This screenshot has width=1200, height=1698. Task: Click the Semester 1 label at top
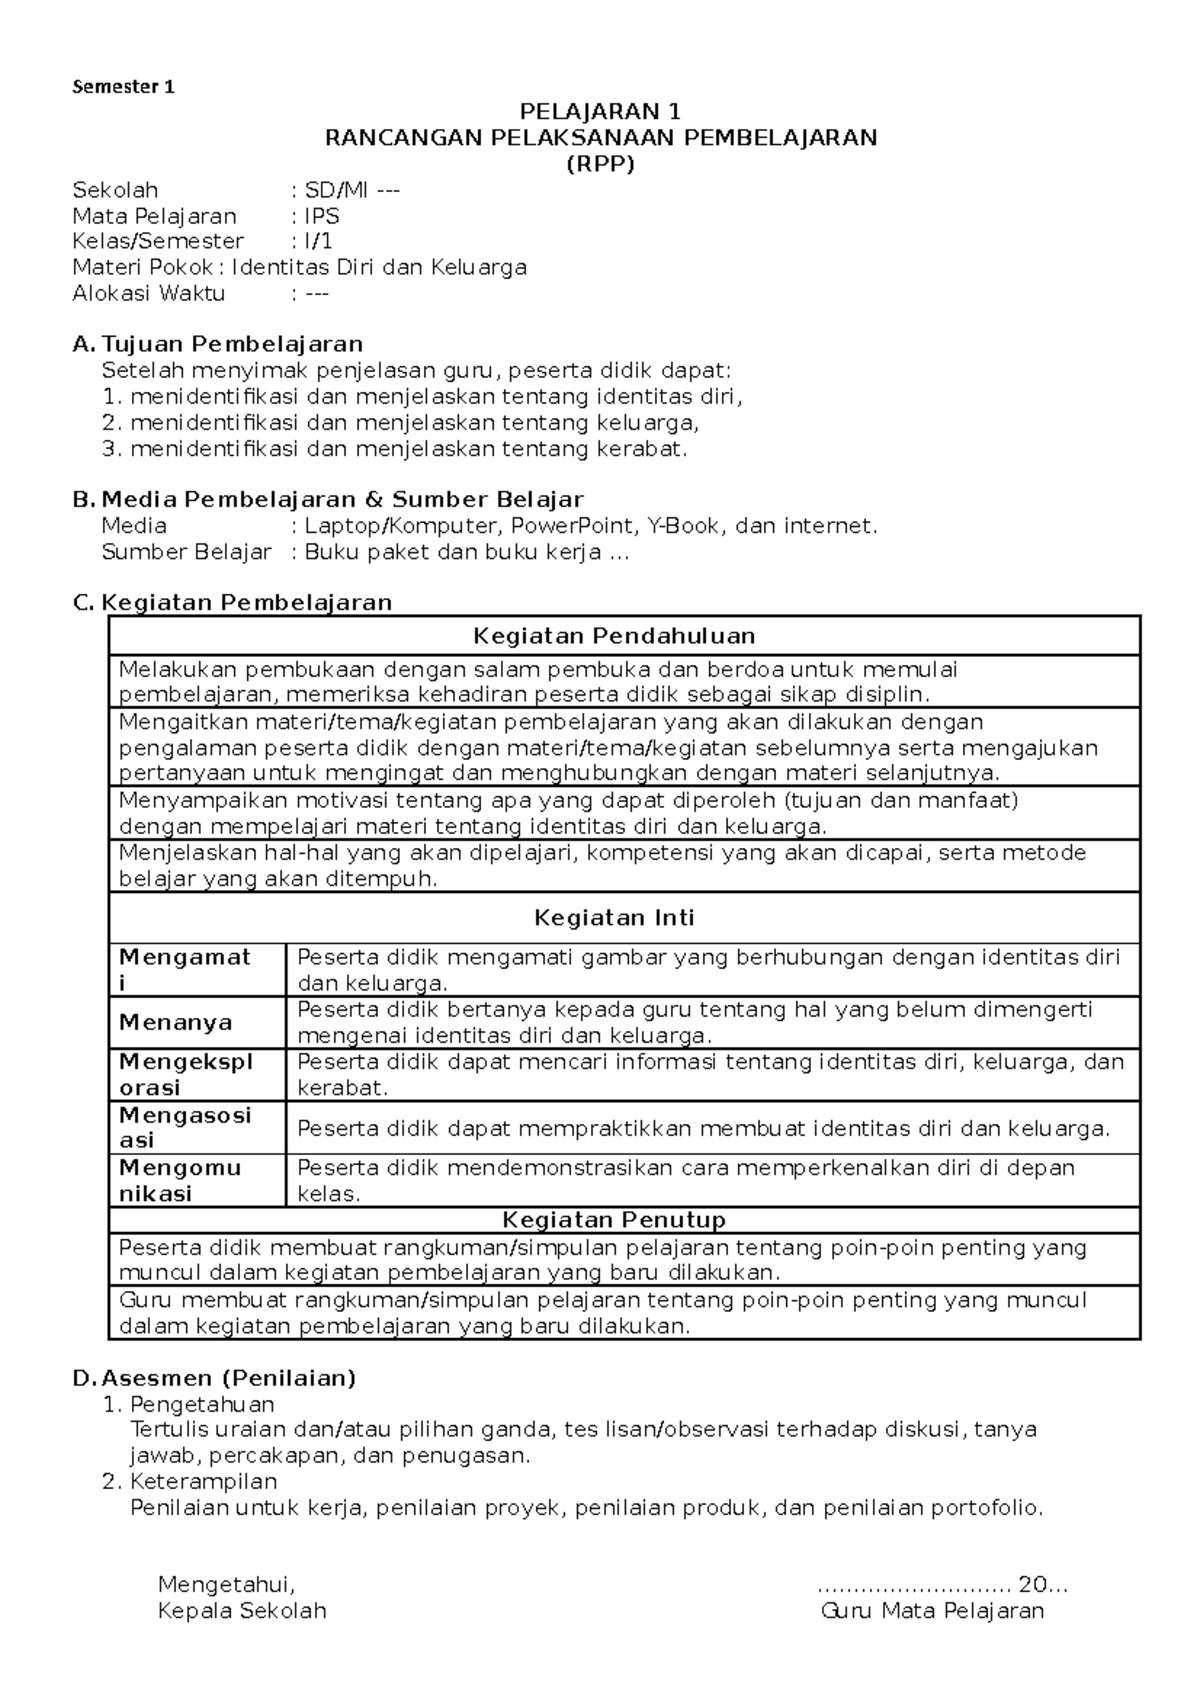coord(123,87)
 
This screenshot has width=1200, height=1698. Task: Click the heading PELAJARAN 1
coord(600,111)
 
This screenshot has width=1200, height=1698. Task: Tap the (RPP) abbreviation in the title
coord(600,164)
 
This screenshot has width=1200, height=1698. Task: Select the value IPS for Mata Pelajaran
coord(322,216)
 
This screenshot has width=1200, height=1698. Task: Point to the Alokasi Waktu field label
coord(149,293)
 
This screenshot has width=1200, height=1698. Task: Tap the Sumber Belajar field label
coord(186,552)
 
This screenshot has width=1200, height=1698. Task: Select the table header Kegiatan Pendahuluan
coord(614,636)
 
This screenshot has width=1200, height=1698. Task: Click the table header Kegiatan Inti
coord(614,918)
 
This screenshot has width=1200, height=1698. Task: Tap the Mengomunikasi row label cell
coord(180,1180)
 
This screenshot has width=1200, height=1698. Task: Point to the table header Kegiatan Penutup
coord(614,1220)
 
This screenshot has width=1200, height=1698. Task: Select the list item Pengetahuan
coord(202,1404)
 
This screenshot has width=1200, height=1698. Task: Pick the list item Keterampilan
coord(203,1481)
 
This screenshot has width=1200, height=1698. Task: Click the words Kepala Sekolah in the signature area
coord(242,1611)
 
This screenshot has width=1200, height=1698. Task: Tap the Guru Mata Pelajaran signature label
coord(932,1611)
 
